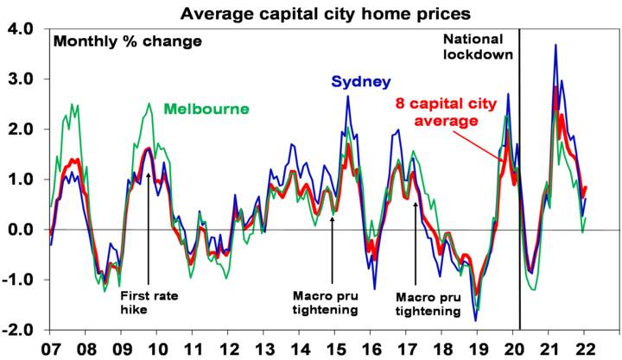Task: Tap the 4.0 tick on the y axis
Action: [x=21, y=28]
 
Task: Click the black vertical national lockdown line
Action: [x=519, y=173]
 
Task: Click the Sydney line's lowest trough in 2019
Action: [x=475, y=321]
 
